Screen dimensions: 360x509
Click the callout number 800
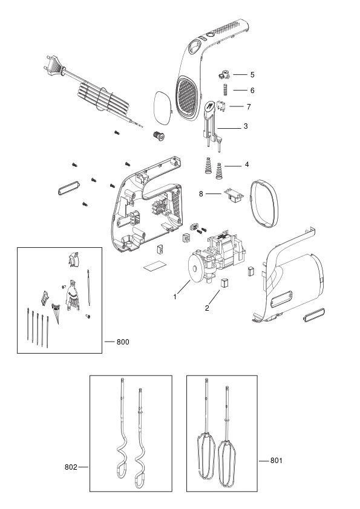[x=123, y=342]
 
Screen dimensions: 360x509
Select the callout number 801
[x=276, y=460]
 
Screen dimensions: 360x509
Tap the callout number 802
[x=71, y=467]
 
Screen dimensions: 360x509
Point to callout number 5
[x=252, y=75]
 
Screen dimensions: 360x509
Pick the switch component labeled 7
[x=221, y=106]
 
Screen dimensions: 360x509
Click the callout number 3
[x=246, y=126]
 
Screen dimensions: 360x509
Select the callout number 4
[x=247, y=164]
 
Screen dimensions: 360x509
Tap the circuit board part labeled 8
[x=234, y=195]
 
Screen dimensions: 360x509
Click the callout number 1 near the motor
[x=175, y=297]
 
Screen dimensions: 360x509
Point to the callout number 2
[x=207, y=308]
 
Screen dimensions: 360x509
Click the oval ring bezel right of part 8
[x=264, y=204]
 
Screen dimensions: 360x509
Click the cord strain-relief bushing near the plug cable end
[x=159, y=135]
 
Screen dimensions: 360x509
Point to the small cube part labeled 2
[x=225, y=282]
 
